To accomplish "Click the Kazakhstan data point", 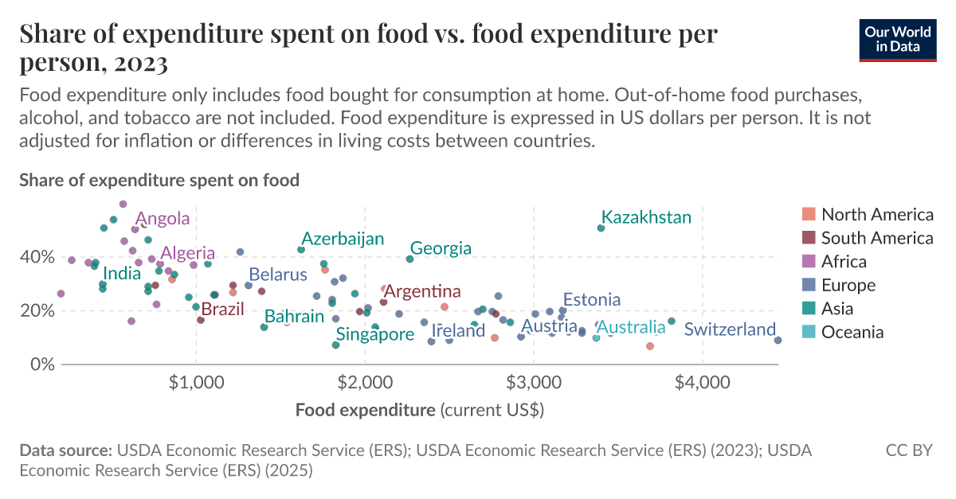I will click(601, 228).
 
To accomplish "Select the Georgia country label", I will click(441, 248).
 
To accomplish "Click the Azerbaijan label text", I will click(343, 239).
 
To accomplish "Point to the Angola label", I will click(163, 219).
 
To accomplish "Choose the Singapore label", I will click(374, 334).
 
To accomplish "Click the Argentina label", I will click(422, 291).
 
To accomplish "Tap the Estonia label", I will click(591, 300).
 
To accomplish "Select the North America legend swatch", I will click(809, 214).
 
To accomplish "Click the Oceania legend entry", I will click(852, 332).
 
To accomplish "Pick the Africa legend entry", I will click(844, 261).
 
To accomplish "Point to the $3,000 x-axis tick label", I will click(534, 382).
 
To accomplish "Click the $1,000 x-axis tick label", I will click(196, 382).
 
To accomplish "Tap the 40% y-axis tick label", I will click(37, 257).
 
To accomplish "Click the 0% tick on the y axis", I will click(41, 364).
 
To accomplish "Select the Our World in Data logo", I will click(897, 40).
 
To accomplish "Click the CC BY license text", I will click(909, 450).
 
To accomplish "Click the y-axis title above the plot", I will click(159, 180).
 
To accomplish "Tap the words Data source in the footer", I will click(65, 450).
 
